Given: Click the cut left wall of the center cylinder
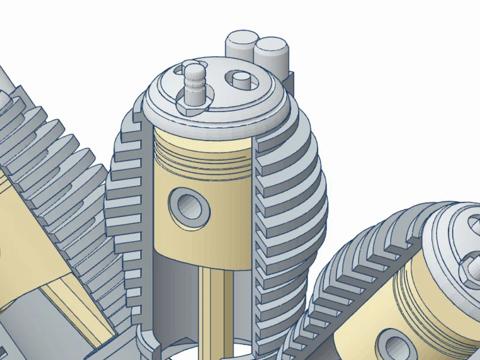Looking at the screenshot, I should pyautogui.click(x=147, y=230).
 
